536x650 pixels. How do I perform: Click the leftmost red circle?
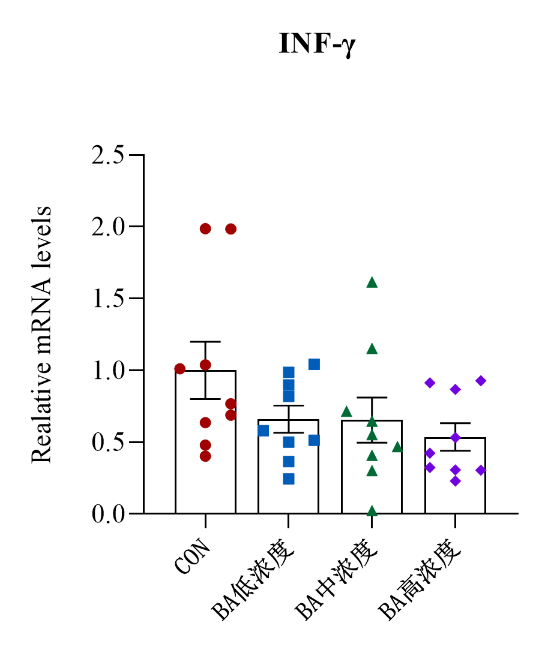(179, 369)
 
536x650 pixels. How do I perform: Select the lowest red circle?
(205, 456)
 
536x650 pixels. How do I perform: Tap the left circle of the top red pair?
(205, 229)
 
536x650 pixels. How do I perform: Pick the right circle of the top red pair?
(231, 229)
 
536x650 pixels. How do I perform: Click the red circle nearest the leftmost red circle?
(205, 365)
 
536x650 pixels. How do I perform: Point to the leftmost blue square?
(263, 431)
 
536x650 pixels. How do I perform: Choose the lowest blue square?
(289, 479)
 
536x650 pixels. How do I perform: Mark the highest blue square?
(314, 364)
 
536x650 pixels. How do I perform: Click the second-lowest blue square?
(289, 462)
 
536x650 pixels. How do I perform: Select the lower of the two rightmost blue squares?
(314, 440)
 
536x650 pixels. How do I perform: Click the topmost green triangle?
(372, 282)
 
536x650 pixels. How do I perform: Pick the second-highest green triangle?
(372, 349)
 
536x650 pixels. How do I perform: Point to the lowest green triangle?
(372, 511)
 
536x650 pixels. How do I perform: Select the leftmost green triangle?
(346, 411)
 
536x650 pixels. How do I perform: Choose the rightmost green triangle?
(397, 447)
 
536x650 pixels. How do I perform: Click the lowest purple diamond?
(456, 481)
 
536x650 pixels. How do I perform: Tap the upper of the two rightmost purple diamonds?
(481, 381)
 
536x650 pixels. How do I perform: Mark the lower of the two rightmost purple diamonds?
(481, 470)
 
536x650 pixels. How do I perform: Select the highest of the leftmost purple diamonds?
(430, 383)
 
